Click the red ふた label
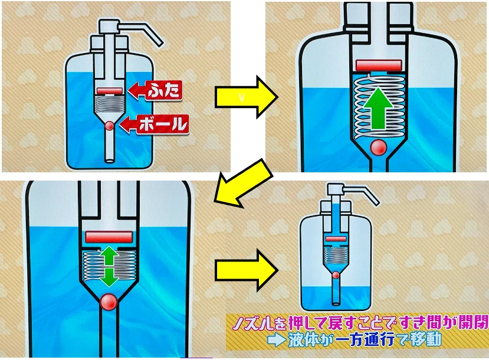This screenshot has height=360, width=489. pos(155,90)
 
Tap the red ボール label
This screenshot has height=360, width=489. pos(155,125)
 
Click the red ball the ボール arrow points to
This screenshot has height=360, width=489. pos(110,126)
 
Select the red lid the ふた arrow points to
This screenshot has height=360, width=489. pos(110,91)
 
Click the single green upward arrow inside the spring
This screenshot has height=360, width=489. pos(379,108)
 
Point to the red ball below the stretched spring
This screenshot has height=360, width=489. pos(379,147)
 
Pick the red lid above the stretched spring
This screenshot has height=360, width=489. pos(379,65)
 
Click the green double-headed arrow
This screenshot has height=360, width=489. pos(108,266)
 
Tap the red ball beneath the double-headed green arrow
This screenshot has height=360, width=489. pos(108,302)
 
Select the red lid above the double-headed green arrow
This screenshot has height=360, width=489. pos(108,237)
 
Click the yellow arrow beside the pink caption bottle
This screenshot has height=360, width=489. pos(246,270)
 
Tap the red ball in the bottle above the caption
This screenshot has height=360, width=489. pos(336,275)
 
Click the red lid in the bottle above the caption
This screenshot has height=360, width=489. pos(336,239)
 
